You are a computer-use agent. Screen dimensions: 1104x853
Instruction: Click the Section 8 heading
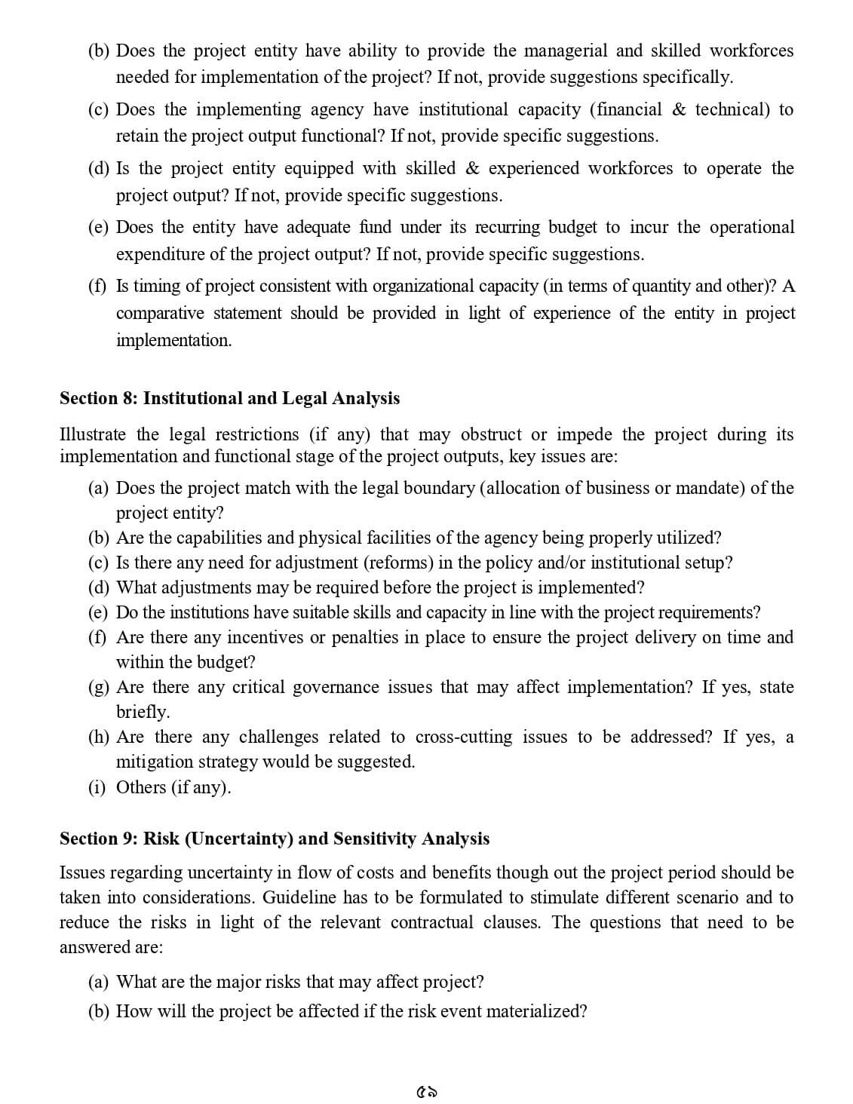229,398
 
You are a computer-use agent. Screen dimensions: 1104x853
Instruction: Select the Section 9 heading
274,839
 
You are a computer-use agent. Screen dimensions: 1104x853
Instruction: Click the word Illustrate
93,434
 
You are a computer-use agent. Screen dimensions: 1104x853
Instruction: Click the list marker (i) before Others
97,787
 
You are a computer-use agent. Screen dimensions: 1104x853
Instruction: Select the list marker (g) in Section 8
99,687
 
